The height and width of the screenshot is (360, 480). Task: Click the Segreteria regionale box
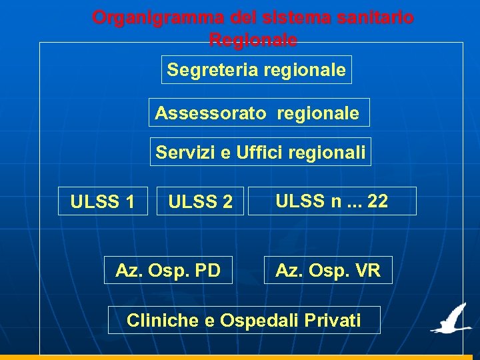pyautogui.click(x=256, y=70)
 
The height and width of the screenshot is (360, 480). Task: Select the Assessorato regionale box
pyautogui.click(x=258, y=113)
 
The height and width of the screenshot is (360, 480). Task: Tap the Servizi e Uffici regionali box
pyautogui.click(x=261, y=153)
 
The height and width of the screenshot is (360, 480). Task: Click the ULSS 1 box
pyautogui.click(x=103, y=201)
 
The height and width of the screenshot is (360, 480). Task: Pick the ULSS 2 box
pyautogui.click(x=200, y=201)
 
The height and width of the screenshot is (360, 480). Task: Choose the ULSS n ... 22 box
pyautogui.click(x=332, y=201)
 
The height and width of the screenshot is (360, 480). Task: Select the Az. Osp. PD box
pyautogui.click(x=168, y=271)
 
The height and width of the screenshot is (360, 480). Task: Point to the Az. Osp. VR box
pyautogui.click(x=328, y=271)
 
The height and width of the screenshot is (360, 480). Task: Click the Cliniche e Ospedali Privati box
pyautogui.click(x=244, y=321)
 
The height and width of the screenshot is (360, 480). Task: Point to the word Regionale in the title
pyautogui.click(x=253, y=40)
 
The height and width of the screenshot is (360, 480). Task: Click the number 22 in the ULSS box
pyautogui.click(x=377, y=201)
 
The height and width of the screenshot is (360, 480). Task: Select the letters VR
pyautogui.click(x=367, y=271)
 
